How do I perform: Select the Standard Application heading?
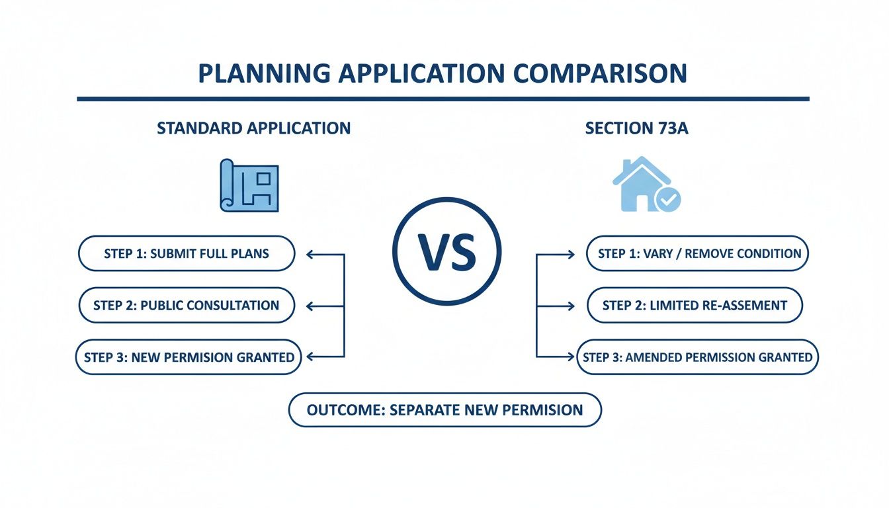(254, 128)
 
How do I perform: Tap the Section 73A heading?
(637, 128)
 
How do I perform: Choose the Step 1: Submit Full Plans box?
(187, 253)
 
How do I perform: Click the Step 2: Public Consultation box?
(187, 305)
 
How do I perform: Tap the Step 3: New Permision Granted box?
(189, 357)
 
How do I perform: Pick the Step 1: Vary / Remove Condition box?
(698, 253)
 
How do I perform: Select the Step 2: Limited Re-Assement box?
(695, 305)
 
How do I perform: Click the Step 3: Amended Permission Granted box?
(698, 357)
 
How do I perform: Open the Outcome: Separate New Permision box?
(445, 409)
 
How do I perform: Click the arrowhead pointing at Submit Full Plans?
(311, 254)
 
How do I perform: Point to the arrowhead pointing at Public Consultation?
(311, 306)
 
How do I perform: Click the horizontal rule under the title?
(443, 99)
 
